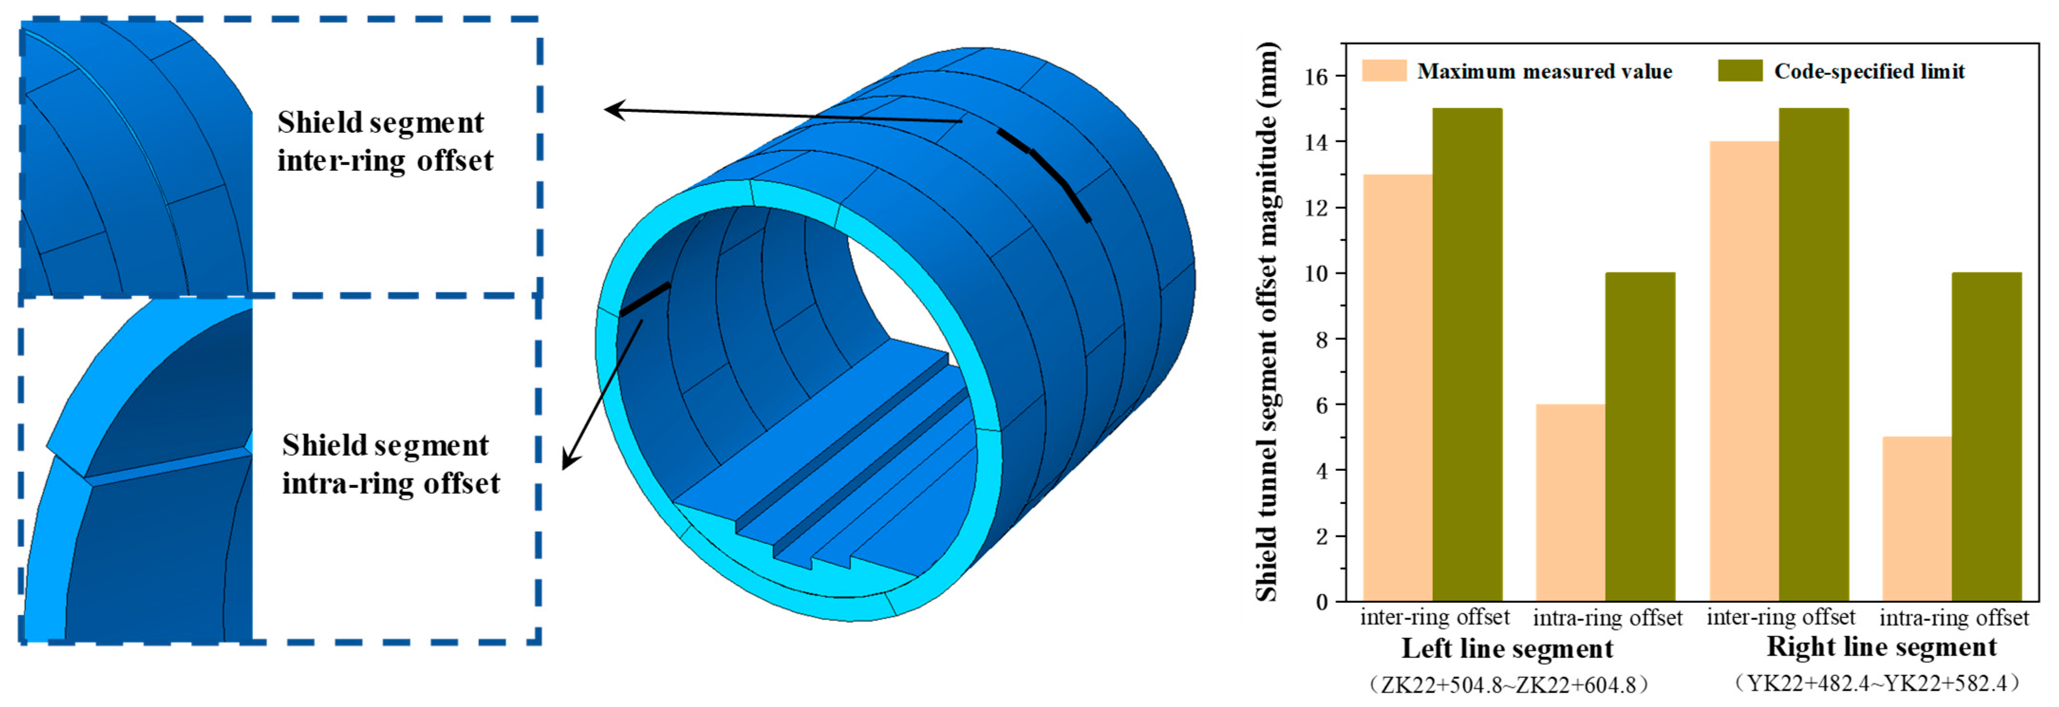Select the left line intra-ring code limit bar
pyautogui.click(x=1640, y=437)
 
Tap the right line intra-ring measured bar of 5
pyautogui.click(x=1918, y=519)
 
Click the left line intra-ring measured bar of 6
pyautogui.click(x=1571, y=503)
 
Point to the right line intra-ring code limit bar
pyautogui.click(x=1987, y=437)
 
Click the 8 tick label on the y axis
pyautogui.click(x=1321, y=340)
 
